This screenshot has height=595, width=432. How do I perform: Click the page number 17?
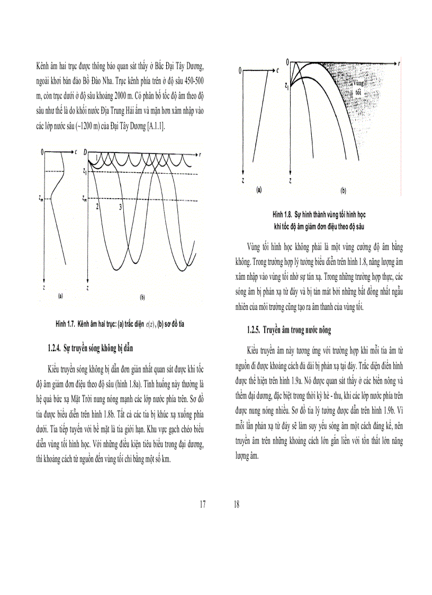pos(202,504)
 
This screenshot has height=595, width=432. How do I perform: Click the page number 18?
pos(236,504)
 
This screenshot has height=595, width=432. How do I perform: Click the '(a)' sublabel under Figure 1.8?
pos(259,189)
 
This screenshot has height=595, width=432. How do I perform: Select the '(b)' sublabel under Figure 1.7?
pos(142,298)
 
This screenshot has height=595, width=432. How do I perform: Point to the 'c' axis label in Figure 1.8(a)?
pos(277,70)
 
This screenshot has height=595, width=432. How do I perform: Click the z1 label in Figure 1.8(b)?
pos(286,84)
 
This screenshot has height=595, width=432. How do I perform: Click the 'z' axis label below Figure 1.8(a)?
pos(242,180)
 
